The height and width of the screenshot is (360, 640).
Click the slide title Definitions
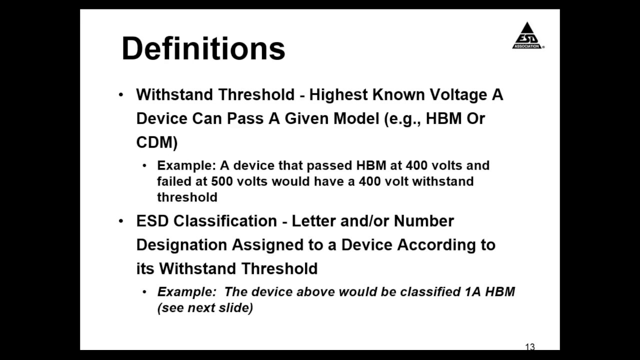203,48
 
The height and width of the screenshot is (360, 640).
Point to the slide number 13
530,346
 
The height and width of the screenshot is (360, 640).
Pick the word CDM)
156,142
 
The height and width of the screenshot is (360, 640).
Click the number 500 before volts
221,181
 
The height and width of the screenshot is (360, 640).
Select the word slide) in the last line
238,307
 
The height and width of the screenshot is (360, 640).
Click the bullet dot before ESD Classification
120,221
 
